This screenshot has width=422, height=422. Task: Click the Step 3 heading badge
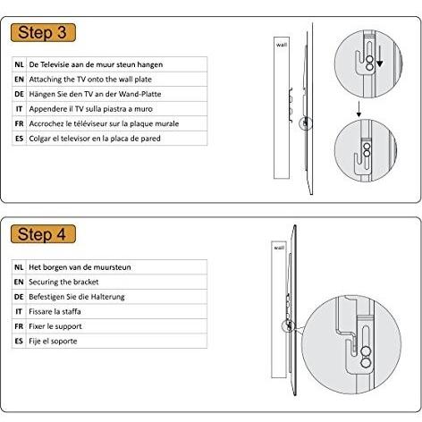point(43,32)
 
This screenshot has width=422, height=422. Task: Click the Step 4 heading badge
point(43,234)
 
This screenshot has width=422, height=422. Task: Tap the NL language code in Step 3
point(19,64)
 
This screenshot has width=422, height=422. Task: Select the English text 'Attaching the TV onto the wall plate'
point(90,80)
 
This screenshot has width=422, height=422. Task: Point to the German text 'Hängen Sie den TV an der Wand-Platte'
point(95,94)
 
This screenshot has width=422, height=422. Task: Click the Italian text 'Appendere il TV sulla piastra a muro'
point(90,109)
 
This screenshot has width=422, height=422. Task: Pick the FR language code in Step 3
point(19,123)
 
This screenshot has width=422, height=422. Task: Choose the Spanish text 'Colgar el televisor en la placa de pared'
point(95,139)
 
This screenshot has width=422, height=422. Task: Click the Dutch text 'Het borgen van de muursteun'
point(80,267)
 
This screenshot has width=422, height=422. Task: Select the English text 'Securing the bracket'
point(63,282)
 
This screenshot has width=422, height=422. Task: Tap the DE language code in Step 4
point(19,297)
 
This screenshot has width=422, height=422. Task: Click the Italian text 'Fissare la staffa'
point(55,311)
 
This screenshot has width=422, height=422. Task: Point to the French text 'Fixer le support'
point(55,326)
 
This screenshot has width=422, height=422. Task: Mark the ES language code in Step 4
point(19,341)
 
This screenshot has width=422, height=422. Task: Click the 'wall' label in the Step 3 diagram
point(282,45)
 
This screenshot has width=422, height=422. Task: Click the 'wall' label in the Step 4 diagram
point(279,248)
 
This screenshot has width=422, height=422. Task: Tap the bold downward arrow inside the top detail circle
point(379,56)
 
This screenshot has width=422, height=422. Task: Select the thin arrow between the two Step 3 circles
point(359,109)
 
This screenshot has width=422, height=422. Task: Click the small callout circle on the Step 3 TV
point(306,123)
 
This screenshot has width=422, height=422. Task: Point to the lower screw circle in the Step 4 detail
point(366,363)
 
